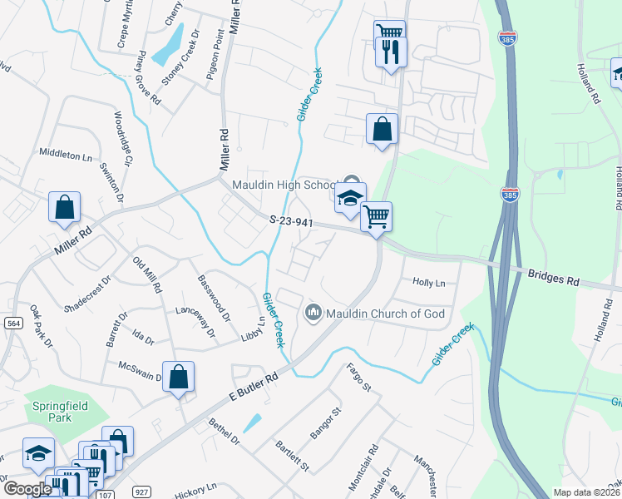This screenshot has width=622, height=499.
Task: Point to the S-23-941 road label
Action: click(x=292, y=221)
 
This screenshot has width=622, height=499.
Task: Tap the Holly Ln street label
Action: click(x=429, y=283)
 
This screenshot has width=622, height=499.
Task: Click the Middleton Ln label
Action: click(x=66, y=155)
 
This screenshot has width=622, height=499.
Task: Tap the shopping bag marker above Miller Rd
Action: click(x=64, y=207)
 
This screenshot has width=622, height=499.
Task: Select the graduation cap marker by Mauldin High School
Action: click(x=350, y=198)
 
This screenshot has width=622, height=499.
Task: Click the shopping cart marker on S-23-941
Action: click(x=377, y=217)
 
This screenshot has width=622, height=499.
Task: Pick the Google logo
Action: click(x=28, y=489)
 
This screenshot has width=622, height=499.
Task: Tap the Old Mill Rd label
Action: click(x=148, y=274)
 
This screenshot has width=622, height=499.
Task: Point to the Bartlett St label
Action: click(x=292, y=456)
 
